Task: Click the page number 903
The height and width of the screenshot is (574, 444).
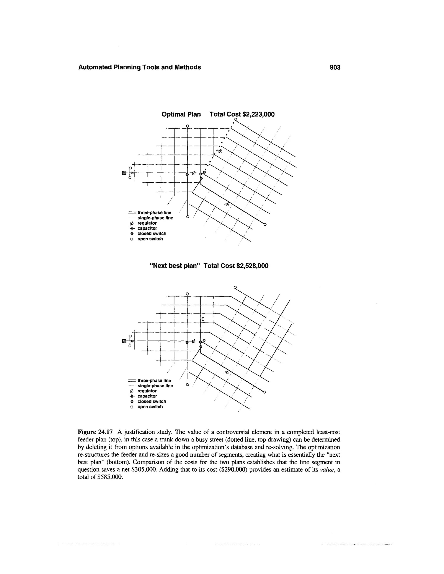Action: [335, 68]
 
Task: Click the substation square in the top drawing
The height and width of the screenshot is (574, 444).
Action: [124, 173]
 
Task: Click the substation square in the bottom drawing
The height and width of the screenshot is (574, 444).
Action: [124, 341]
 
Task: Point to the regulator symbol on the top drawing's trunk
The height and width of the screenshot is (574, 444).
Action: [194, 173]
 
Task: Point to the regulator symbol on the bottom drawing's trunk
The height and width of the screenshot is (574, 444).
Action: [194, 341]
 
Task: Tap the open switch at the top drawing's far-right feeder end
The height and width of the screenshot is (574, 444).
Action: [265, 224]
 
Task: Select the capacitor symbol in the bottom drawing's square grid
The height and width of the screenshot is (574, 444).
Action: [203, 319]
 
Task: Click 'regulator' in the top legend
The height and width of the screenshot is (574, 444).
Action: [147, 223]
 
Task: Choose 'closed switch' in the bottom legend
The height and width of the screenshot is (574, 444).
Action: [152, 401]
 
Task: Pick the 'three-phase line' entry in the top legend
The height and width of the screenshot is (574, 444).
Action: [154, 213]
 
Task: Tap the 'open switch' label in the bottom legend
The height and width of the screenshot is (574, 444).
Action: [150, 407]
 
